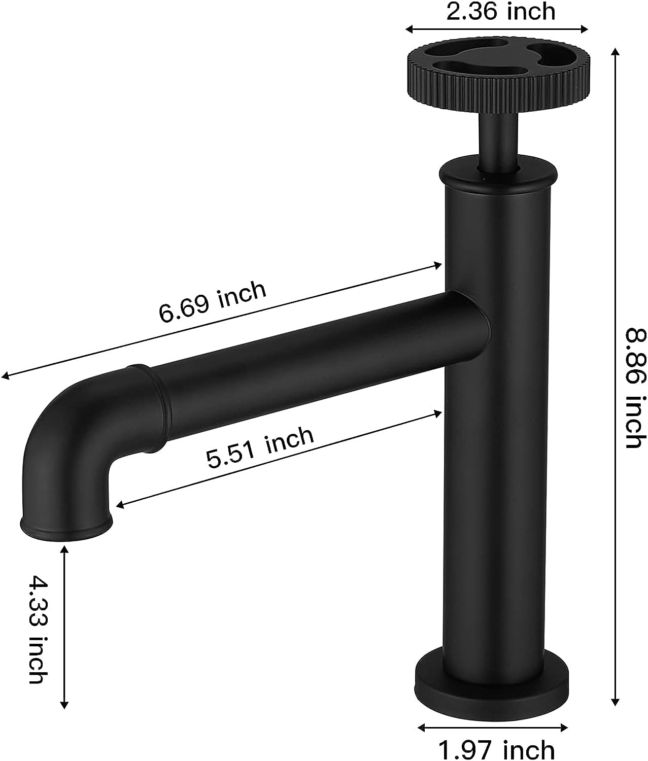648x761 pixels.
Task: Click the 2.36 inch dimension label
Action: click(x=500, y=11)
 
